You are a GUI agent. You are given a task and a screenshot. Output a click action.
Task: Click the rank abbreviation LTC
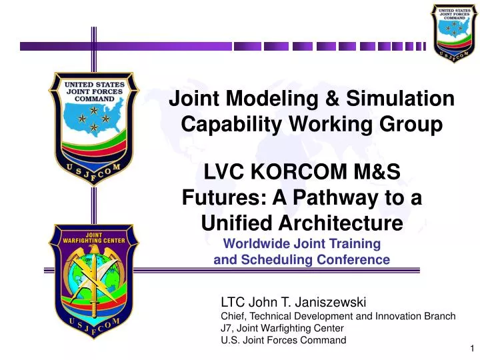click(x=233, y=303)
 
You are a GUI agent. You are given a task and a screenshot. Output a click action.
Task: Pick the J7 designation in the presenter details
click(x=227, y=328)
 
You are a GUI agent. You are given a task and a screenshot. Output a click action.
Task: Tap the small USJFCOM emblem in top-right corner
click(x=453, y=31)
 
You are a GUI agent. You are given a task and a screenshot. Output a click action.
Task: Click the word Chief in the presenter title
click(x=233, y=316)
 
